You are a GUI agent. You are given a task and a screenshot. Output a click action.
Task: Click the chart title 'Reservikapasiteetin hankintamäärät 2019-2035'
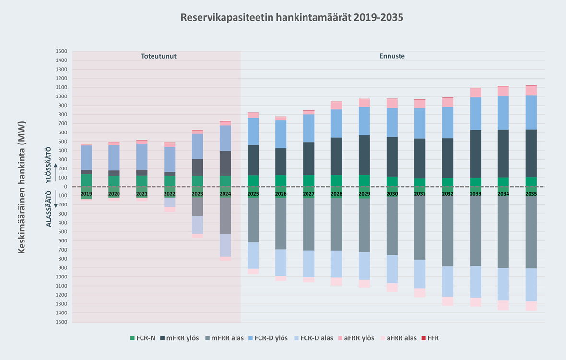292,18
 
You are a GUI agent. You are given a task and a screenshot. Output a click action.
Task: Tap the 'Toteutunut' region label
158,56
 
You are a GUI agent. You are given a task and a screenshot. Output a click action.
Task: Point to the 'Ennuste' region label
392,56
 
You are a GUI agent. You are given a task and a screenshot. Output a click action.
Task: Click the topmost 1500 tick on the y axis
61,51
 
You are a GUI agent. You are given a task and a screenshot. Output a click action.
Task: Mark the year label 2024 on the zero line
225,194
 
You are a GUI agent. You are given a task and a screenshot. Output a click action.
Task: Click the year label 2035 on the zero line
531,194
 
